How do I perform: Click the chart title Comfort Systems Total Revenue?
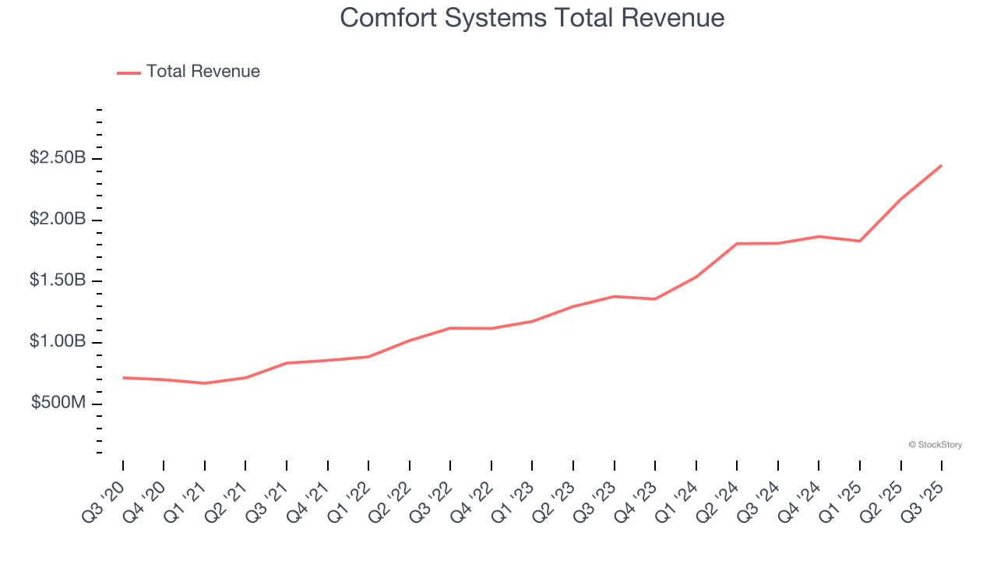[x=532, y=18]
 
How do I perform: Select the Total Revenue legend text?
[x=203, y=72]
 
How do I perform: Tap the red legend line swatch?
[x=129, y=72]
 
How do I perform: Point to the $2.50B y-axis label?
[x=58, y=158]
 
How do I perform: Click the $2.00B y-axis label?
[x=58, y=220]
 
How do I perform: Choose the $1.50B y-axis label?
[x=58, y=280]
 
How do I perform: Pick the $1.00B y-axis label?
[x=58, y=342]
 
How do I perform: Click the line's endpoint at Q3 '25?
[x=942, y=165]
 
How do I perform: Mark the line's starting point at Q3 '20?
[x=123, y=378]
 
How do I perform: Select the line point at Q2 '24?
[x=737, y=244]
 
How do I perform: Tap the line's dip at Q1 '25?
[x=860, y=241]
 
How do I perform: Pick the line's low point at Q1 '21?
[x=205, y=383]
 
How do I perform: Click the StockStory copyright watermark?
[x=935, y=445]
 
